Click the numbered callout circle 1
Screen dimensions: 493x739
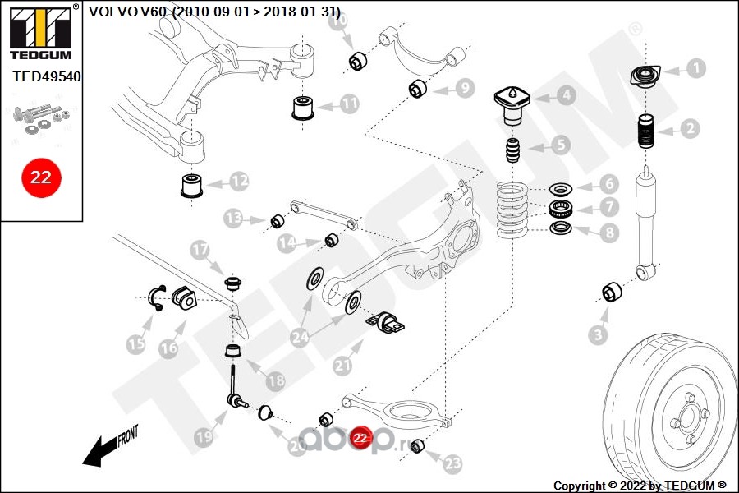[695, 68]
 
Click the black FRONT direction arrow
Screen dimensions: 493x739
[103, 447]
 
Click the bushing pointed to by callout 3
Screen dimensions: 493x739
[612, 292]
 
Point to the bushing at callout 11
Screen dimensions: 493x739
[303, 108]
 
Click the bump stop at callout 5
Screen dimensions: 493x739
[513, 154]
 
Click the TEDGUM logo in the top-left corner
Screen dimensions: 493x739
[41, 29]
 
